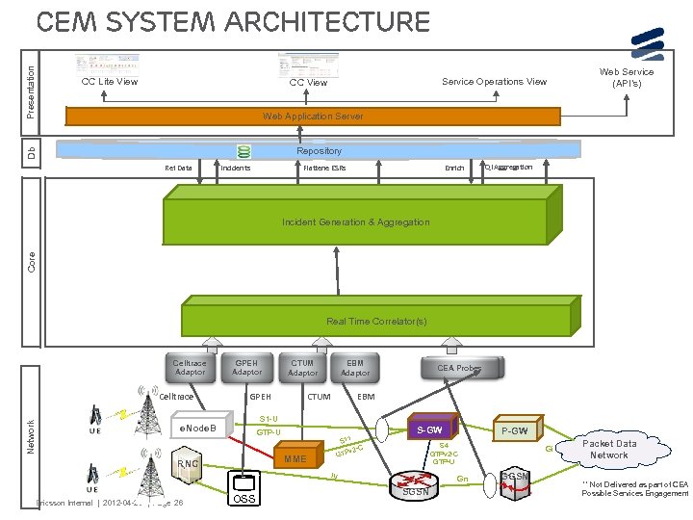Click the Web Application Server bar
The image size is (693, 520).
[x=313, y=117]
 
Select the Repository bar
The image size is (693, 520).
[x=319, y=150]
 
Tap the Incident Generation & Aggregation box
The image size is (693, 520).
[x=355, y=222]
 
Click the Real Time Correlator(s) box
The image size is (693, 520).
[x=375, y=321]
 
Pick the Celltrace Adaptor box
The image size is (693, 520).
[x=190, y=368]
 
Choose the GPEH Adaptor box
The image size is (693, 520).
[x=246, y=367]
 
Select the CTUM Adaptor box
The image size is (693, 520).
[x=302, y=367]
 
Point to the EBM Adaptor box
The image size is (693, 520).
[x=355, y=367]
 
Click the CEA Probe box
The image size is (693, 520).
[x=460, y=368]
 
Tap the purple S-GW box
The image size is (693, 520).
[x=428, y=428]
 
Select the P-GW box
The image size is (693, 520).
[x=516, y=430]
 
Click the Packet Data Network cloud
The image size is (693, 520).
[x=608, y=449]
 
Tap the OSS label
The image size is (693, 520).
[x=245, y=499]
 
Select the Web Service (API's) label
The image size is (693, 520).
[x=627, y=77]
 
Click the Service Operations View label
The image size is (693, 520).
[x=494, y=82]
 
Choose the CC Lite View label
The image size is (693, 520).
[x=109, y=82]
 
